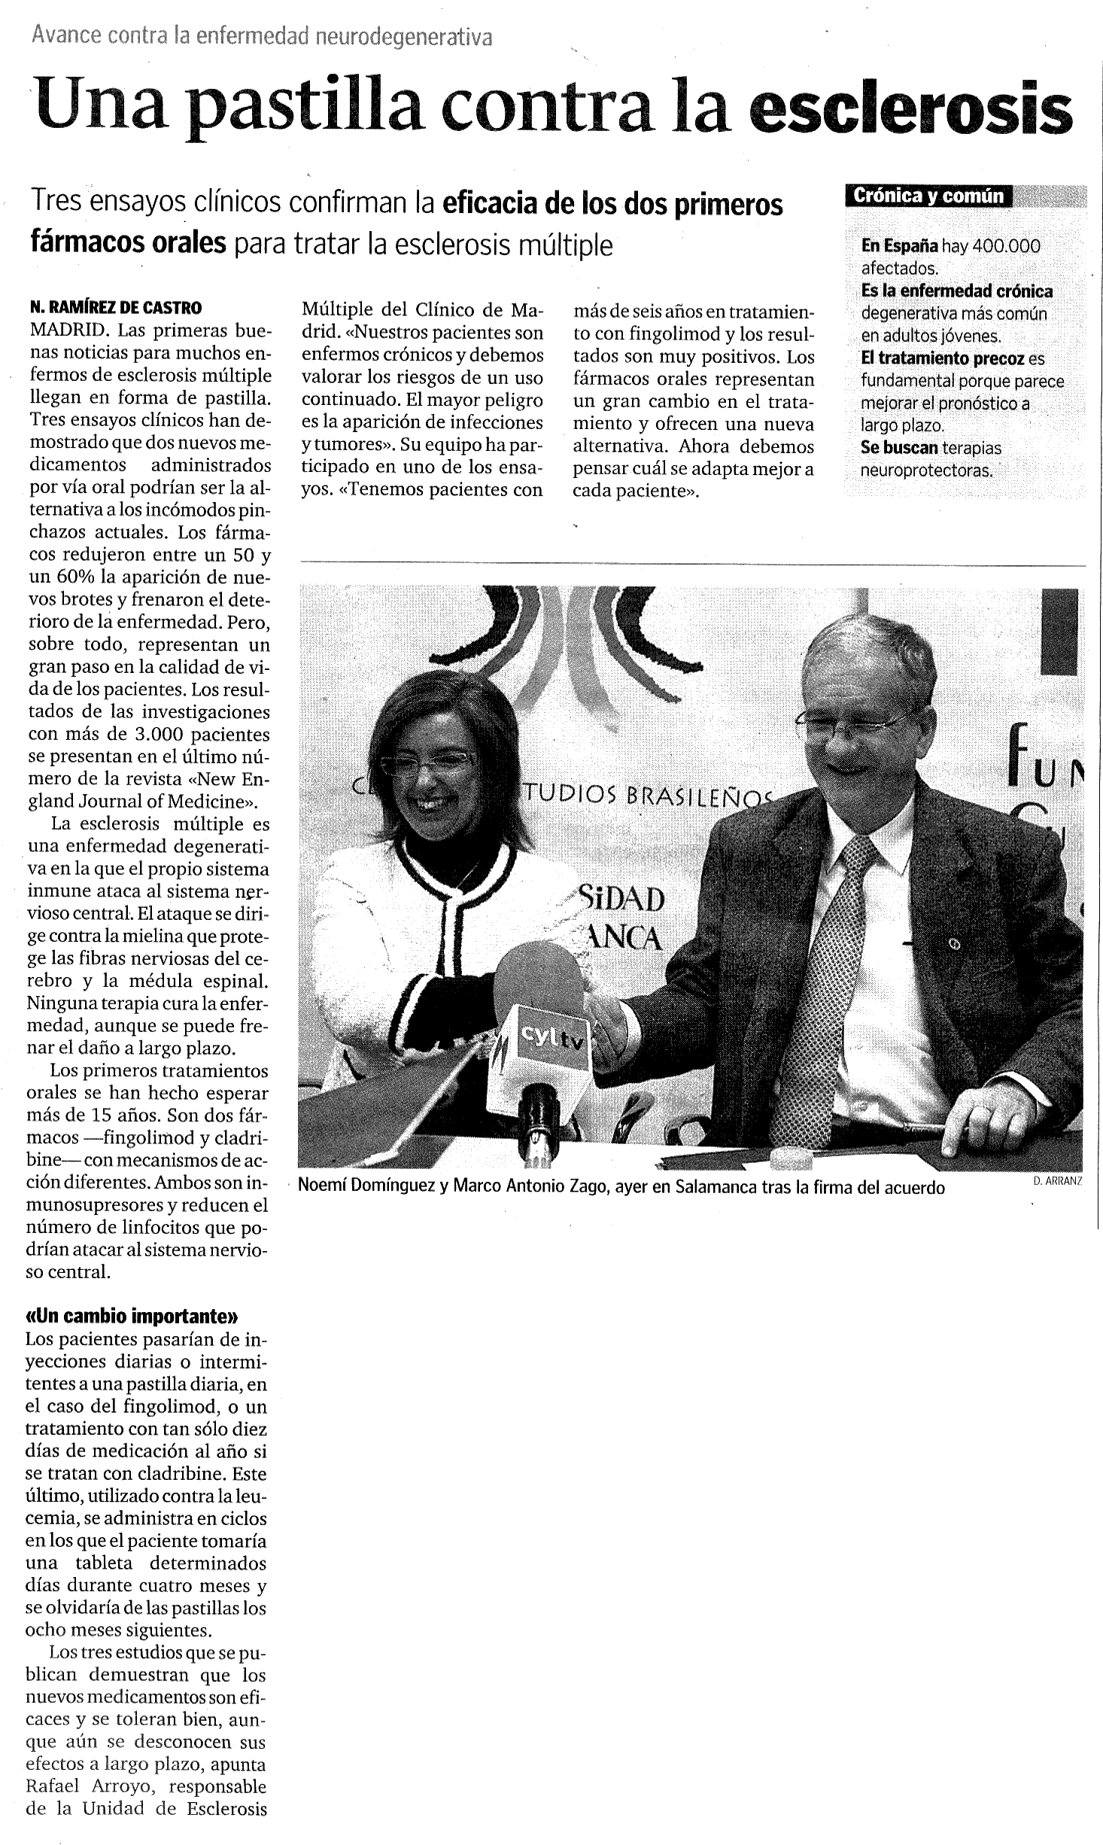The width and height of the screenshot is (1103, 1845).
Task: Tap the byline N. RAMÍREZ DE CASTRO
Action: point(116,307)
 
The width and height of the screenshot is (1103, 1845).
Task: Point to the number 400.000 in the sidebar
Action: point(1006,246)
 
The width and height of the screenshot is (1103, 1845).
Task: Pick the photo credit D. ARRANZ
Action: point(1058,1181)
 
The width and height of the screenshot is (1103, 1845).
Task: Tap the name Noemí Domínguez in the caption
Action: point(367,1187)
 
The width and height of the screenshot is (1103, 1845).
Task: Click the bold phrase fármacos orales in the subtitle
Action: point(129,243)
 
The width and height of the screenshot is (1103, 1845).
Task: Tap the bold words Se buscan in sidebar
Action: point(899,448)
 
